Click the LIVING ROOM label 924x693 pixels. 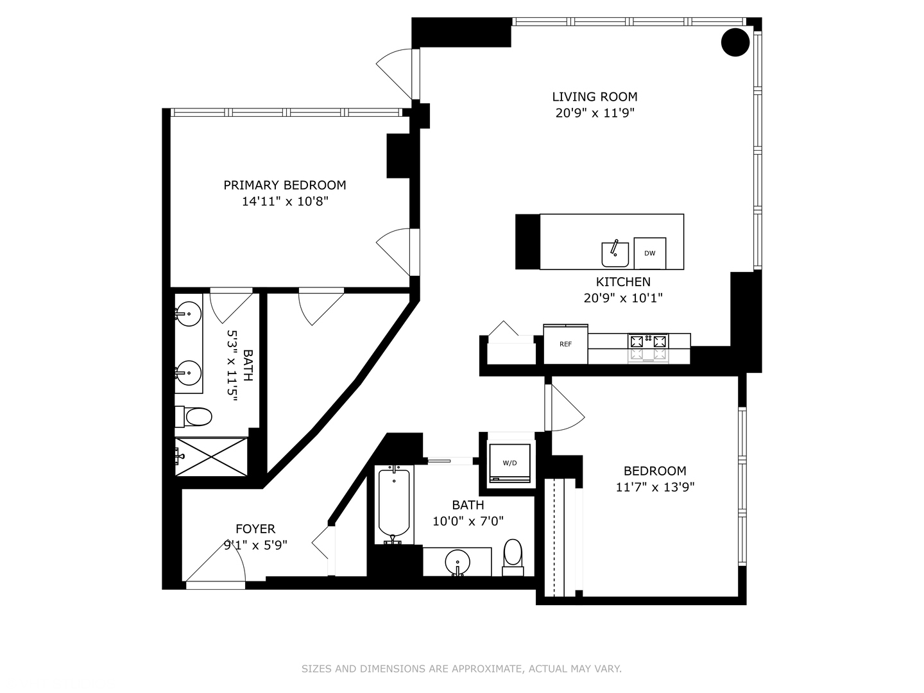pyautogui.click(x=594, y=97)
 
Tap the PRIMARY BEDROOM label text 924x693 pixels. pyautogui.click(x=284, y=185)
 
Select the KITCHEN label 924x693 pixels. pyautogui.click(x=622, y=282)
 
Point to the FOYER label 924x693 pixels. pyautogui.click(x=255, y=529)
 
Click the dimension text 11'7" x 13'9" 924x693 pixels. pyautogui.click(x=654, y=487)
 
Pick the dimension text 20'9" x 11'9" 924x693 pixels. pyautogui.click(x=594, y=114)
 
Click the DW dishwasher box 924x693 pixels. pyautogui.click(x=649, y=253)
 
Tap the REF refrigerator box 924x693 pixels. pyautogui.click(x=565, y=345)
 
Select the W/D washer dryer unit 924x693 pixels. pyautogui.click(x=509, y=463)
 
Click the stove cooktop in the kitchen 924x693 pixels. pyautogui.click(x=648, y=347)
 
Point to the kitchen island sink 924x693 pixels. pyautogui.click(x=615, y=254)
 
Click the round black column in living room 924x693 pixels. pyautogui.click(x=735, y=42)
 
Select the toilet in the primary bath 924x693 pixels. pyautogui.click(x=196, y=417)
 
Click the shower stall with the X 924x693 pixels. pyautogui.click(x=212, y=457)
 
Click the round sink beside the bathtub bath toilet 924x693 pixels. pyautogui.click(x=458, y=561)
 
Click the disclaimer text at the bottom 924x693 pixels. pyautogui.click(x=461, y=669)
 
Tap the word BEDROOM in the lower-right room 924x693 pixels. pyautogui.click(x=654, y=471)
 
